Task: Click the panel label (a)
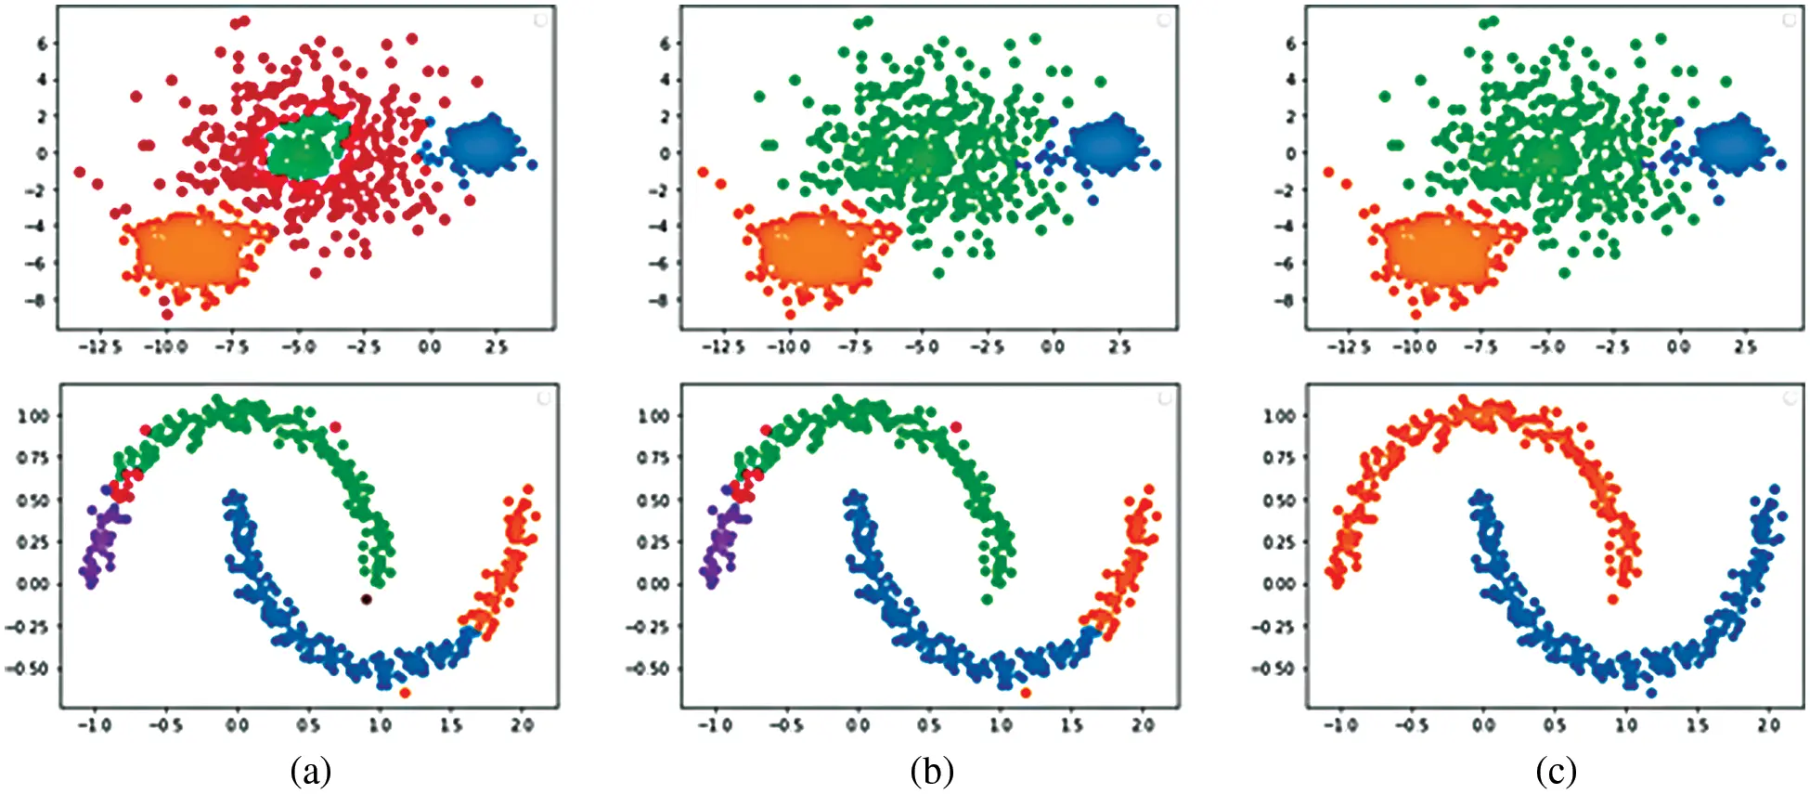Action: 310,772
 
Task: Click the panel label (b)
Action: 932,772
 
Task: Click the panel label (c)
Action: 1556,772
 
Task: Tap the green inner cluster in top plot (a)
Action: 306,150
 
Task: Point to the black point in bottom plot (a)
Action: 367,600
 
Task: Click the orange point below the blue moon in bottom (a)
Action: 405,693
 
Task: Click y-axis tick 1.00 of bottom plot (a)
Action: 33,415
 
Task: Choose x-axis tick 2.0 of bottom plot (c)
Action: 1768,725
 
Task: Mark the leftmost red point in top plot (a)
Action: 80,172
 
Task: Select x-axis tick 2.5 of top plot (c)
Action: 1745,347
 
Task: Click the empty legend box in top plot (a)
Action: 541,20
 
